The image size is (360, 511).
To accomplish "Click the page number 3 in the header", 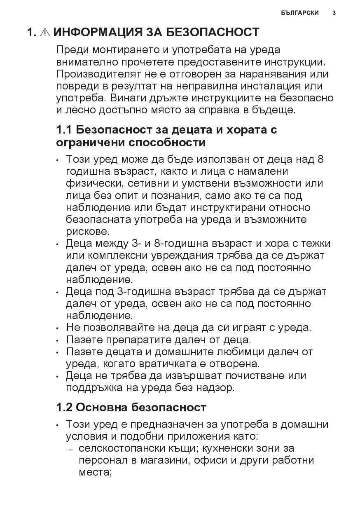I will coord(334,13).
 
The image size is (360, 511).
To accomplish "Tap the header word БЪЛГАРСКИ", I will coord(300,13).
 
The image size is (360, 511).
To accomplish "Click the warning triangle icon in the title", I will coord(45,32).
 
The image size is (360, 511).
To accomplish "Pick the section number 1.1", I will coord(64,130).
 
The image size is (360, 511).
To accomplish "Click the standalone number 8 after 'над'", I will coord(321,159).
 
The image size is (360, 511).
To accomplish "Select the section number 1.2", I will coord(64,407).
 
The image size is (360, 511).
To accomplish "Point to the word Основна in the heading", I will coord(102,407).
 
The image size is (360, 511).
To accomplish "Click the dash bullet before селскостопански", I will coord(71,449).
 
